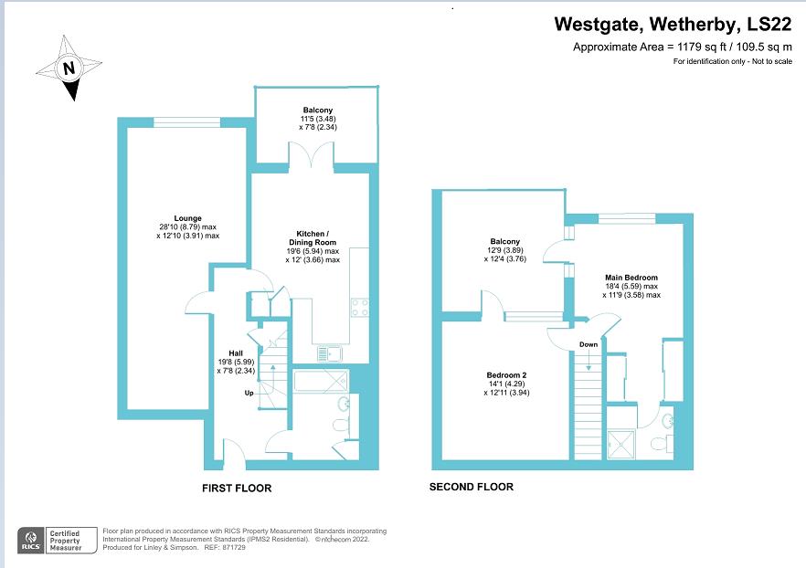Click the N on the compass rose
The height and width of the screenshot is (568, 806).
coord(69,68)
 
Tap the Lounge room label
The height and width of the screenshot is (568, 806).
coord(189,218)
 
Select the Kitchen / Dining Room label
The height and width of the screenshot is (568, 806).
coord(312,233)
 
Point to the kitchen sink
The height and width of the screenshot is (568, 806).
coord(328,353)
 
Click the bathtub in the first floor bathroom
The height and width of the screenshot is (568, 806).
coord(320,381)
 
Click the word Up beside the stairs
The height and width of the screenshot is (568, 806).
coord(248,394)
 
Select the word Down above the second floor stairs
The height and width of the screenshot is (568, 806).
coord(589,344)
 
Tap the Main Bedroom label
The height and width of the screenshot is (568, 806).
coord(631,278)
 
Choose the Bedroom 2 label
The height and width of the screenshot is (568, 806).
coord(505,375)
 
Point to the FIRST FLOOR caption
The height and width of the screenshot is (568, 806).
coord(237,489)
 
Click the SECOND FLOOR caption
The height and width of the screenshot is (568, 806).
coord(471,487)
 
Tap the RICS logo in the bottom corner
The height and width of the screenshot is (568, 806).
coord(29,540)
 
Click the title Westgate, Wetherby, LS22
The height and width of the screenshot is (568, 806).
coord(674,26)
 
